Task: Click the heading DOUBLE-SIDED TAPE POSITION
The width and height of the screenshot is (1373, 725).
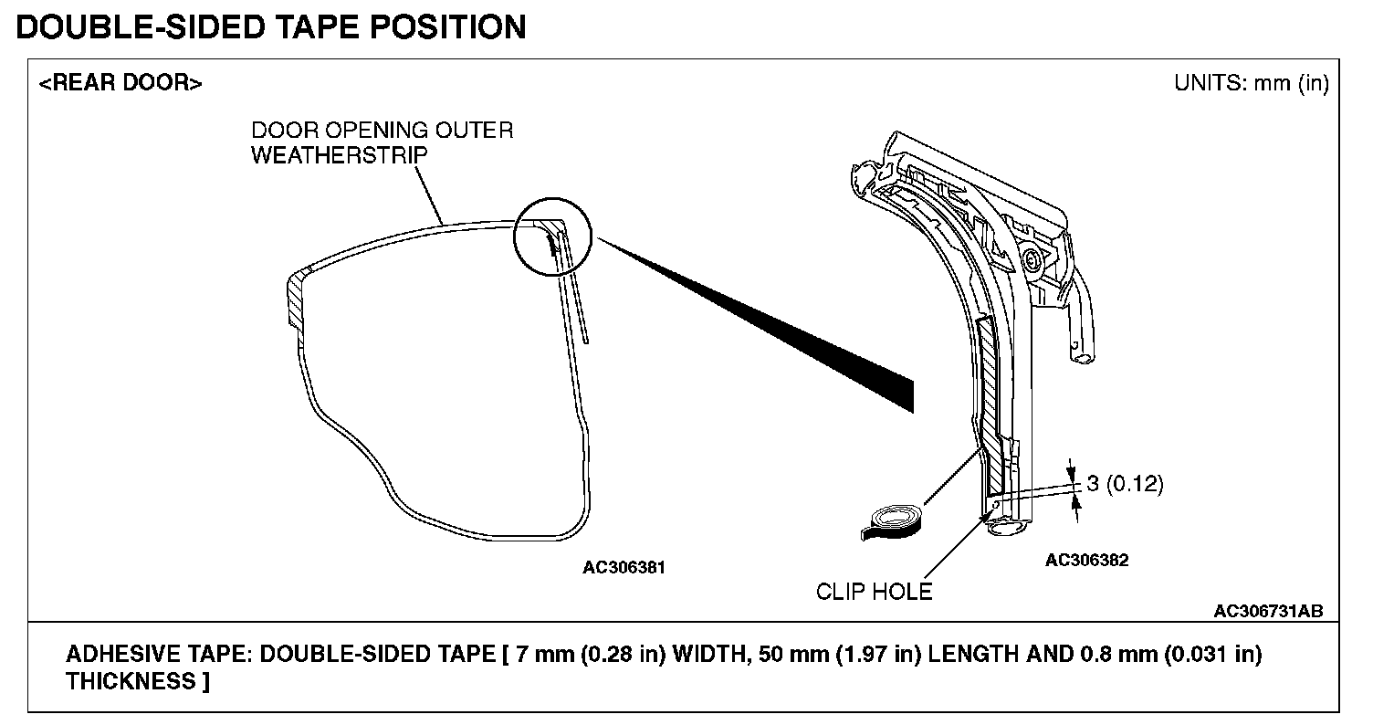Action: click(x=271, y=26)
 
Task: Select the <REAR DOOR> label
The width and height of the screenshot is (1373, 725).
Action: click(x=121, y=83)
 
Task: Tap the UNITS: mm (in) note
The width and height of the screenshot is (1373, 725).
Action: click(x=1251, y=83)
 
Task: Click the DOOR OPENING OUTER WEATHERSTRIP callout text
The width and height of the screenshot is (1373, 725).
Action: click(x=382, y=142)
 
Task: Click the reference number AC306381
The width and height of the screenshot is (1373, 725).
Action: click(x=624, y=567)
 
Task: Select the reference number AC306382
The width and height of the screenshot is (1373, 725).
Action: click(x=1086, y=560)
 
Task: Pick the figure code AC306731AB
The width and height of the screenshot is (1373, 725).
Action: click(x=1268, y=611)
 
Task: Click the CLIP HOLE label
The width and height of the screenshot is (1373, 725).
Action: click(x=874, y=592)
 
